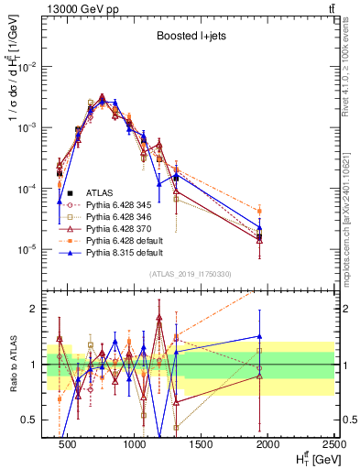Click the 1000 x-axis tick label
(x=136, y=443)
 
